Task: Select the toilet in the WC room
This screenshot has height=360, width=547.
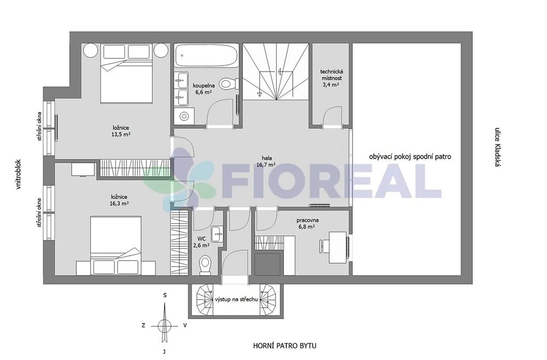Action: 205,264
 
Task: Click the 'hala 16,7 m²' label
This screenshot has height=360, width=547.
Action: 266,161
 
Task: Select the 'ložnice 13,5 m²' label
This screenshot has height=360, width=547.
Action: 121,131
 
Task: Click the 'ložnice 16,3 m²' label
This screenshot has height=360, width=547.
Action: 119,200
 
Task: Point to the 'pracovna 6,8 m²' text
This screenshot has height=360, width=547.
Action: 307,223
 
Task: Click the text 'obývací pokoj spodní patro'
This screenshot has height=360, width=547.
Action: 410,156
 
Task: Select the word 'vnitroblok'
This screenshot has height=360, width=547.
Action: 19,175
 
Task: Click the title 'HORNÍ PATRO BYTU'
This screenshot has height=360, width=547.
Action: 285,346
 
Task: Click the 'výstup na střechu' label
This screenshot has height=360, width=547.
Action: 236,299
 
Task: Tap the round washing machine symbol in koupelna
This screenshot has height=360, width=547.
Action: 184,116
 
